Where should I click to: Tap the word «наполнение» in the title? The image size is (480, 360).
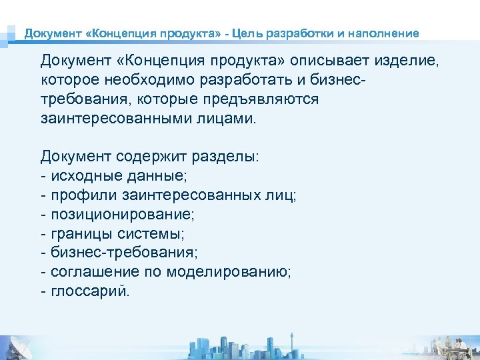[384, 33]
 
